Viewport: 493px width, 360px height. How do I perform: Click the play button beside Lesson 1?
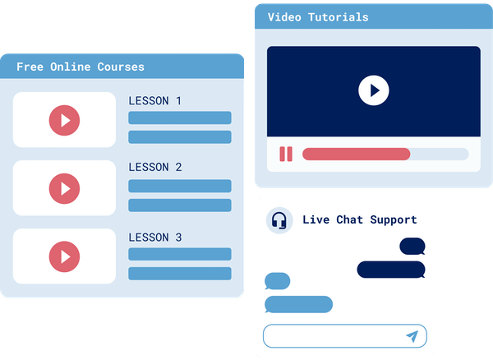[x=65, y=120]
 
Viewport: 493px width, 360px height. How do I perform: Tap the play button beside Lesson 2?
[x=65, y=187]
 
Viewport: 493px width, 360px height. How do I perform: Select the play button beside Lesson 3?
[x=65, y=256]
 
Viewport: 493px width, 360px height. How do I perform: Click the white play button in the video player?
[x=374, y=90]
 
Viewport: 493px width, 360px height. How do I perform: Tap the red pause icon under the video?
[x=286, y=154]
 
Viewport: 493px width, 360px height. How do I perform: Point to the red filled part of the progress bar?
[x=356, y=154]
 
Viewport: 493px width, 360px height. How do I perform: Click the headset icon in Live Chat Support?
[x=279, y=220]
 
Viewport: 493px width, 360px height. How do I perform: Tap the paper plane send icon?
[x=412, y=335]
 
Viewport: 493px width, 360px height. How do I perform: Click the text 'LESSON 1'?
[x=155, y=101]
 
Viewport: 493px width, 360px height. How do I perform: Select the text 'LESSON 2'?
[x=155, y=168]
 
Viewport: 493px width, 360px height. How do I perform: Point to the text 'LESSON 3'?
[x=155, y=238]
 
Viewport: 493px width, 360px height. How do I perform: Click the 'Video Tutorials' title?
[x=318, y=17]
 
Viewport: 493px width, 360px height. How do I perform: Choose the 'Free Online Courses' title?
[x=81, y=67]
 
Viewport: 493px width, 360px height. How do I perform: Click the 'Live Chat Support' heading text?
[x=359, y=219]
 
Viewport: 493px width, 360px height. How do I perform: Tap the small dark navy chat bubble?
[x=412, y=246]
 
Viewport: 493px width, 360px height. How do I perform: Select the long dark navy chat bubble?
[x=390, y=270]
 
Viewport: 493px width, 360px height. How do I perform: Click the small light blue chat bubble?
[x=278, y=281]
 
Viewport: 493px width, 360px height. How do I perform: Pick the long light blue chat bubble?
[x=298, y=304]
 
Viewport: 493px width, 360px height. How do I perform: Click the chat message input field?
[x=333, y=335]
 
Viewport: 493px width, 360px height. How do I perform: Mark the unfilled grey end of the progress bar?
[x=439, y=154]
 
